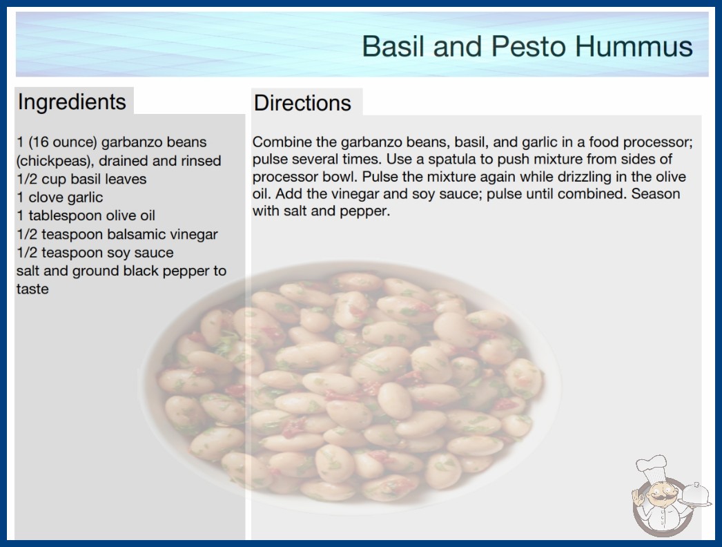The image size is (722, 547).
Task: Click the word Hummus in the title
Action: point(634,46)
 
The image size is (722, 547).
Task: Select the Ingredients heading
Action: point(72,102)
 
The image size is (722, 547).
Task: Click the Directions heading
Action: point(302,103)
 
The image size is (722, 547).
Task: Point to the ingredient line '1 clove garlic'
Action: point(60,198)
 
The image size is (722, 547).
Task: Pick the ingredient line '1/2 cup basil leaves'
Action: point(81,179)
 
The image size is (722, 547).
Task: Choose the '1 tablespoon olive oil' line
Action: point(86,215)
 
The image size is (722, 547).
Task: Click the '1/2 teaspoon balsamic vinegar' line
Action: point(117,234)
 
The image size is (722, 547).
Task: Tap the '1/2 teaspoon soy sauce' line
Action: point(95,253)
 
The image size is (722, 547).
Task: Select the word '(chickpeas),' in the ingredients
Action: point(56,161)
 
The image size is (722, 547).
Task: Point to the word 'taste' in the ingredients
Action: point(32,289)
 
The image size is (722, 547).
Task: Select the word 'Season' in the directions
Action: point(656,193)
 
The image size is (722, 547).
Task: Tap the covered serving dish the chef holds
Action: point(695,495)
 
